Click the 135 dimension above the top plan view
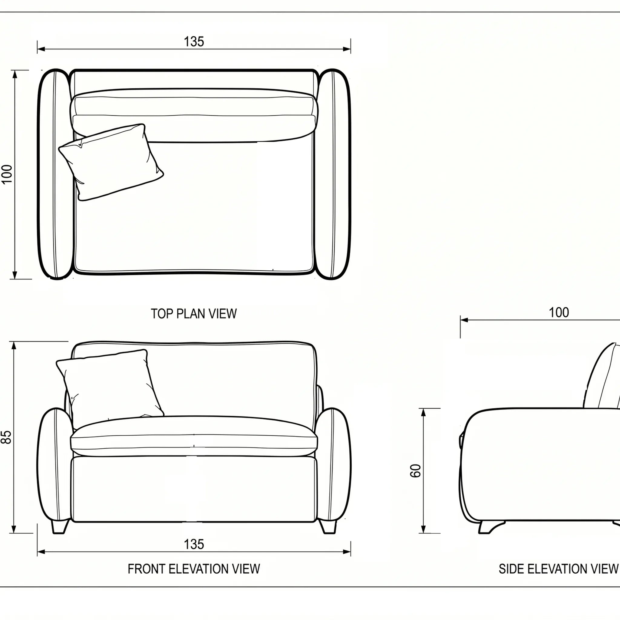194,42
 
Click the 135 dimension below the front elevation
194,545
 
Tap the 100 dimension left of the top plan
7,174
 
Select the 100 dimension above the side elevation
559,312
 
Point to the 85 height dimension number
6,437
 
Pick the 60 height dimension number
416,471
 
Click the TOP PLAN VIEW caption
194,314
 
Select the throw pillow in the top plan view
111,162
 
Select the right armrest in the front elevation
334,464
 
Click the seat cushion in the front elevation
194,436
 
